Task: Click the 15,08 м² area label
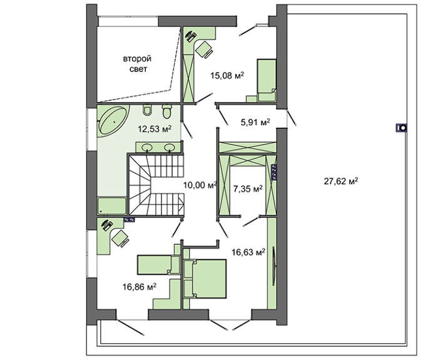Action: (x=227, y=76)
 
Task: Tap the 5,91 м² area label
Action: (x=255, y=122)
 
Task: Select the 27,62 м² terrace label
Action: (x=341, y=182)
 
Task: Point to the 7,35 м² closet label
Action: (x=248, y=189)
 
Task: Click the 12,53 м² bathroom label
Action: (x=155, y=129)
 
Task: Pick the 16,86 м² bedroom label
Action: (x=139, y=287)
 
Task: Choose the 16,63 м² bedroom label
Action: (x=248, y=252)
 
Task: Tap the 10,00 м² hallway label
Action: (x=200, y=185)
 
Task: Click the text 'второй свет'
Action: (x=138, y=64)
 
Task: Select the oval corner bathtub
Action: (x=114, y=121)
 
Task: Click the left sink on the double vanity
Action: (x=147, y=147)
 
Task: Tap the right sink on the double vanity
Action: (x=170, y=147)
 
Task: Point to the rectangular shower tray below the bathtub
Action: (x=112, y=206)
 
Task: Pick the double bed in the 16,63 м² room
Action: (x=205, y=279)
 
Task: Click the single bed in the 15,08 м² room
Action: (x=267, y=80)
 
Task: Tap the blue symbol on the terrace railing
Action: (x=402, y=128)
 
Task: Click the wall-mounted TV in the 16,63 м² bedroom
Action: (x=274, y=266)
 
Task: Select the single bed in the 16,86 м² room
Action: (x=158, y=264)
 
